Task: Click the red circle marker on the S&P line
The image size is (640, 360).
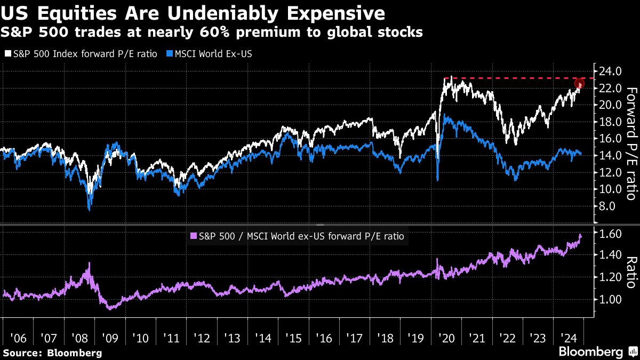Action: coord(580,84)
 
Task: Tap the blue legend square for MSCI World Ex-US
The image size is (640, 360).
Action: coord(170,54)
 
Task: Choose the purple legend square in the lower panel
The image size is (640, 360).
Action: coord(193,235)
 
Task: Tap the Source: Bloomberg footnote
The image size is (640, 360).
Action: coord(52,353)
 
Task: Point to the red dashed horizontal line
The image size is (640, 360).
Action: coord(512,78)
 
